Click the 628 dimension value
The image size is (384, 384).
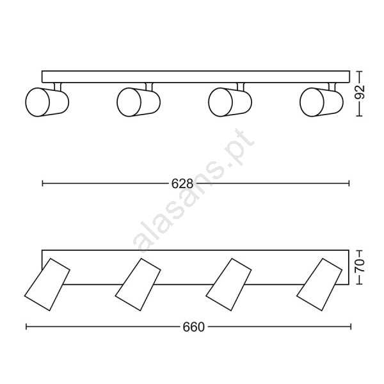point(182,184)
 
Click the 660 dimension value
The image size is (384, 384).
point(193,327)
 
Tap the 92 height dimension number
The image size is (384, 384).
point(359,92)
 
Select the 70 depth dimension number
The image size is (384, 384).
point(359,266)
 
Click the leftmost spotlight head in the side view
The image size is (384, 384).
point(47,102)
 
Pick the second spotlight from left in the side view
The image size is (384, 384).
point(139,102)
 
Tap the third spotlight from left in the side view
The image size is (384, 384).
point(230,102)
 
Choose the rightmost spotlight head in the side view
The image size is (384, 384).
point(321,102)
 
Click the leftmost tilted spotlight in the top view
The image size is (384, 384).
point(47,285)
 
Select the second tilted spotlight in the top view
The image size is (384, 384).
point(138,285)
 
